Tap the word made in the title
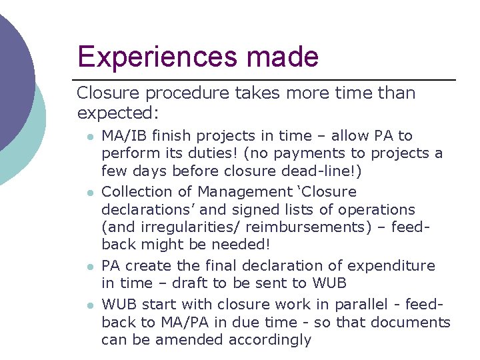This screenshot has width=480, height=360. (x=285, y=57)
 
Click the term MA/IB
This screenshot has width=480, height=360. (x=124, y=136)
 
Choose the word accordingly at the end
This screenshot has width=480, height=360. (x=270, y=340)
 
